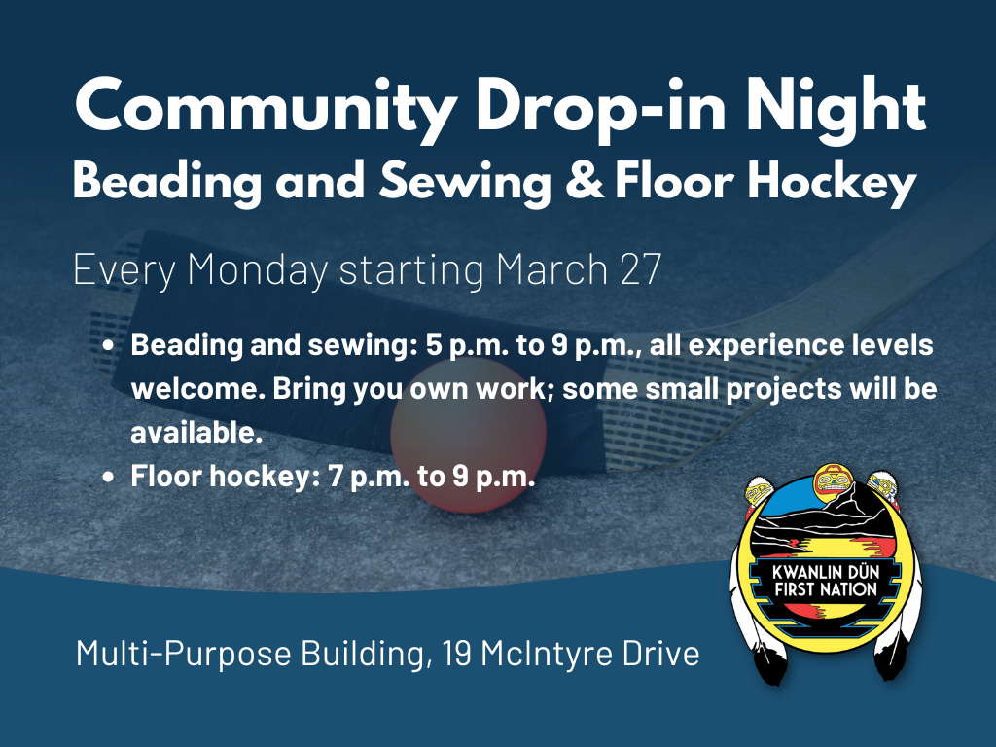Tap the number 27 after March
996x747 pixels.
click(640, 270)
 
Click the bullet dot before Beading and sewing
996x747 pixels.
click(109, 346)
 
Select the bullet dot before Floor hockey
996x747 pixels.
click(109, 477)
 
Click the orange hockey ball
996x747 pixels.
click(469, 435)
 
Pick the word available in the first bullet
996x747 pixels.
click(196, 433)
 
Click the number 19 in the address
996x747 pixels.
click(457, 654)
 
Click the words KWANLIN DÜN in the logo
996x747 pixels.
click(826, 572)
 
